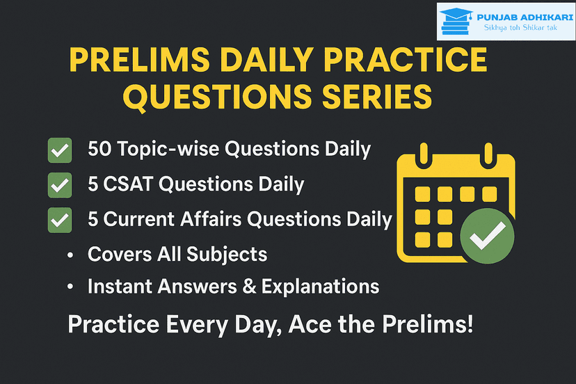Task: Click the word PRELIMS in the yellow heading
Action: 140,60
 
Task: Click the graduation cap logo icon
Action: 456,22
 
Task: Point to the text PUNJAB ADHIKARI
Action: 525,17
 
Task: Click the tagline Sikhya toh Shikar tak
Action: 520,28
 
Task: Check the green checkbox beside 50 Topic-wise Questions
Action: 60,150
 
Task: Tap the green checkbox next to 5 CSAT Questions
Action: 60,185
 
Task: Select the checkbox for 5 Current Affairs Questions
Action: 60,220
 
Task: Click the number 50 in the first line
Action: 99,149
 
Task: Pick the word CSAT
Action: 128,184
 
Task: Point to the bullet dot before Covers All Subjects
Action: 70,255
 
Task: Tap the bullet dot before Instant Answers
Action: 70,287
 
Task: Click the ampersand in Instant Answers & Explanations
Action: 250,287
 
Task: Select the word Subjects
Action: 227,255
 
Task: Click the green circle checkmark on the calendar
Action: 487,236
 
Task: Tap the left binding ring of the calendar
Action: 424,153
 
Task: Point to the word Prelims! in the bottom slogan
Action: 427,324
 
